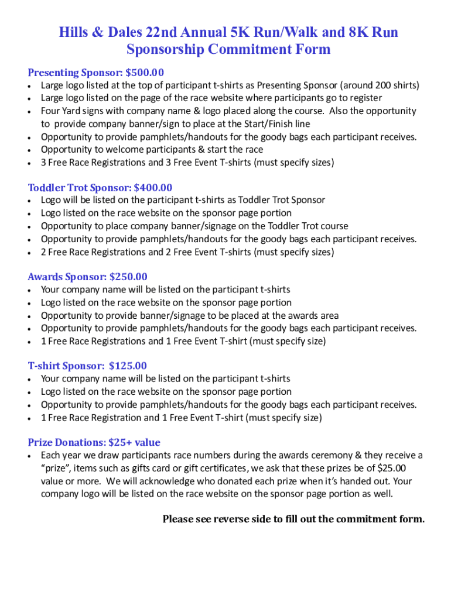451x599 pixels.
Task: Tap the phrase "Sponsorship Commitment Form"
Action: pyautogui.click(x=228, y=49)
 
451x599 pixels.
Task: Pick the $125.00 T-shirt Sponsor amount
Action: pyautogui.click(x=128, y=366)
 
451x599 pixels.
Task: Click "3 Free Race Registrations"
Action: pyautogui.click(x=93, y=163)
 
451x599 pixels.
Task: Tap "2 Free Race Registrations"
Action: pyautogui.click(x=93, y=252)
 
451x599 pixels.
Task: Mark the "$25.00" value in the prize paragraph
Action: pyautogui.click(x=392, y=468)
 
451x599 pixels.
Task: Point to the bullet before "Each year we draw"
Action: pyautogui.click(x=30, y=456)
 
